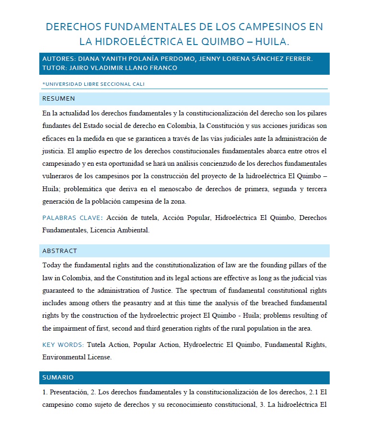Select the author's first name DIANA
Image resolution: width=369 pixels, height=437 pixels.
click(x=90, y=59)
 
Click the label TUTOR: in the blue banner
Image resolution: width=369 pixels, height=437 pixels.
click(x=54, y=68)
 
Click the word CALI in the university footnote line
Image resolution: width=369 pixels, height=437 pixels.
click(x=136, y=84)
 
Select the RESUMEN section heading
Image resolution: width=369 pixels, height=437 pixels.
click(x=58, y=99)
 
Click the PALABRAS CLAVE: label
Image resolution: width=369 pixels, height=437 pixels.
click(x=72, y=218)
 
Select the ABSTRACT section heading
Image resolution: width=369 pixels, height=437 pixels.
click(x=59, y=251)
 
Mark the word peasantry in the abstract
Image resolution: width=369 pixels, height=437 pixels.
click(x=129, y=303)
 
